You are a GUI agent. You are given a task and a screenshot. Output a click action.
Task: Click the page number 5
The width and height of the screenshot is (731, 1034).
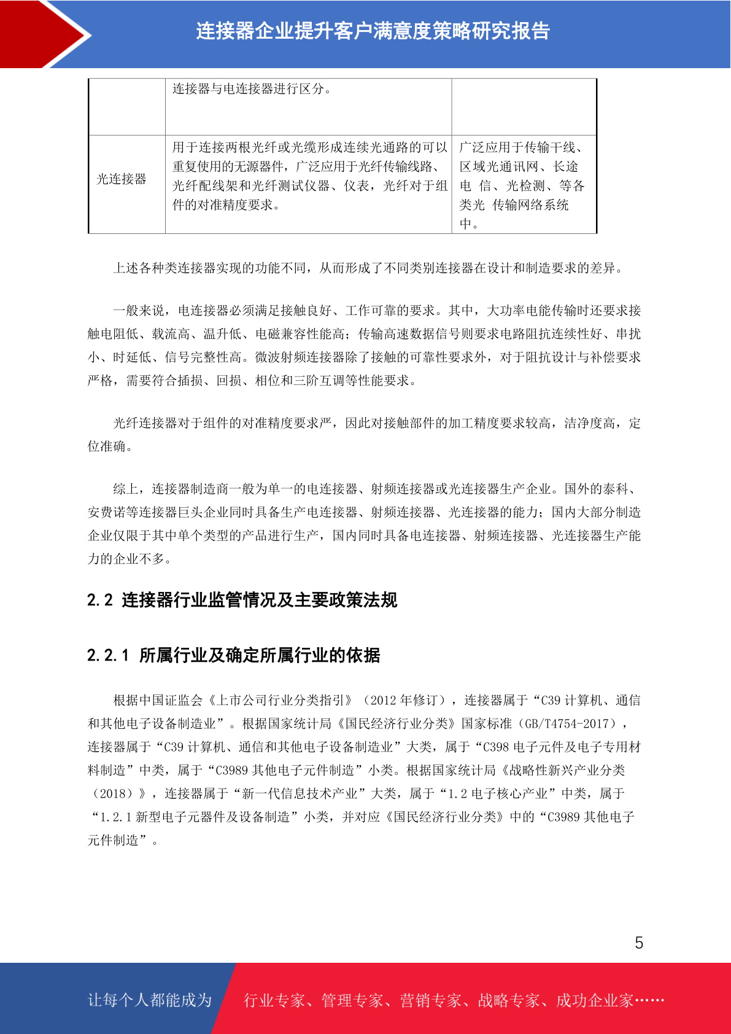639,943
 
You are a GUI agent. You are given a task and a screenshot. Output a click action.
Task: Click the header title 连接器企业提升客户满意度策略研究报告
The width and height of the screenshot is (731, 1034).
373,31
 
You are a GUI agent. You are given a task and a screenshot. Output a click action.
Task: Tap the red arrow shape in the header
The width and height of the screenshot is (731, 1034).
43,34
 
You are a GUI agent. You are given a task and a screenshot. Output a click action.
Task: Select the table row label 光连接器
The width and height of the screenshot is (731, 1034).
122,179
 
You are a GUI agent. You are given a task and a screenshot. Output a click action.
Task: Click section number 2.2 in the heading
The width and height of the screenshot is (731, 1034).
100,600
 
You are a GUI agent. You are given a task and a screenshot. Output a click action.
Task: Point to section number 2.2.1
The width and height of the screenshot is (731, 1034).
108,656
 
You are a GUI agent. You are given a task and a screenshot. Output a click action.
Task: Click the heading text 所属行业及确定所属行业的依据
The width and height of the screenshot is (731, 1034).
260,656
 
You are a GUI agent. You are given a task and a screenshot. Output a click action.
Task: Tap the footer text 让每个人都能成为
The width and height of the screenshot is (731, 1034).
150,1000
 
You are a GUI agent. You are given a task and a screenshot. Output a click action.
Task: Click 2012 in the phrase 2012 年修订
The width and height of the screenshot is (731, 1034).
384,701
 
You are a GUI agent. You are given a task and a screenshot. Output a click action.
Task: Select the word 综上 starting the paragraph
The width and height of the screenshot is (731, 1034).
126,489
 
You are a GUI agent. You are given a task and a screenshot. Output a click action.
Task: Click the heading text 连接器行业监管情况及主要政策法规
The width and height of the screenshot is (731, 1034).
260,600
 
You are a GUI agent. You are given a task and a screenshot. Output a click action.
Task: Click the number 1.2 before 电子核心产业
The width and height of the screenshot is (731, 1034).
457,794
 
